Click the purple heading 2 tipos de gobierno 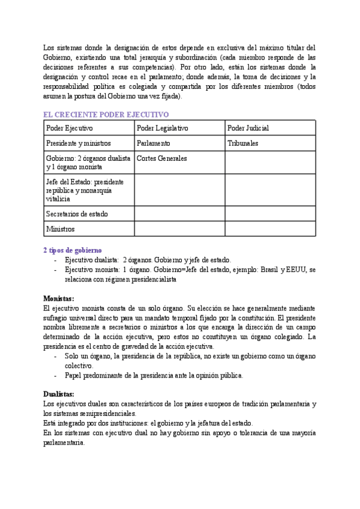pyautogui.click(x=72, y=250)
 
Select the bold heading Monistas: pyautogui.click(x=59, y=298)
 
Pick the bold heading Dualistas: pyautogui.click(x=59, y=394)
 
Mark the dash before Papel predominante pyautogui.click(x=56, y=376)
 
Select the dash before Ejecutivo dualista pyautogui.click(x=56, y=261)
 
